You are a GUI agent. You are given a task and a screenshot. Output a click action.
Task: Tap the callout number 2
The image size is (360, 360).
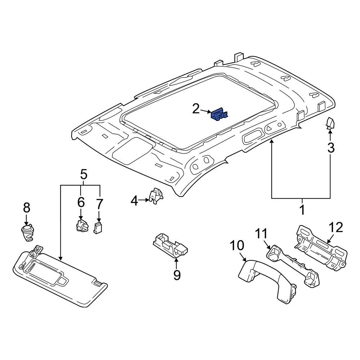click(x=196, y=108)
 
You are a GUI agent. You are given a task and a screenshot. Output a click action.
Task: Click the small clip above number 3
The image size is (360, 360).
click(x=330, y=123)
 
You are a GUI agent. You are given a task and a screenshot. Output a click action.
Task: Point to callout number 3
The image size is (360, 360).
click(x=330, y=147)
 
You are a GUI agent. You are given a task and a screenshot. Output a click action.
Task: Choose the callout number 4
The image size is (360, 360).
click(x=134, y=201)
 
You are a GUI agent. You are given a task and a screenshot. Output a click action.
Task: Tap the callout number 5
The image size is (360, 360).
click(x=84, y=175)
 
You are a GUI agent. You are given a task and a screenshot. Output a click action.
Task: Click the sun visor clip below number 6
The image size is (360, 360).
click(x=81, y=226)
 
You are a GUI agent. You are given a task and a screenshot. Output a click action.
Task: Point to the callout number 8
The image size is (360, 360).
click(x=27, y=208)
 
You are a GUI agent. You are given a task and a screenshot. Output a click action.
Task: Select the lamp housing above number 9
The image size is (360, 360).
click(x=171, y=246)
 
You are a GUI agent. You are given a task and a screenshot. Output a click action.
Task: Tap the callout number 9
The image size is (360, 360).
click(x=177, y=275)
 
